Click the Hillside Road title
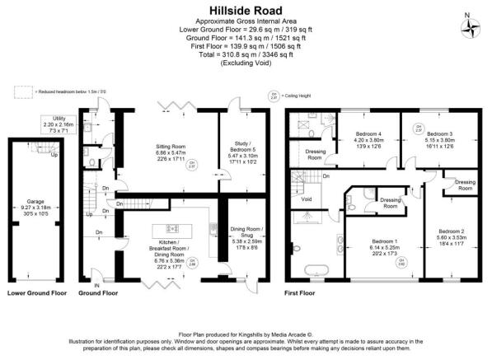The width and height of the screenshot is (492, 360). coord(245,11)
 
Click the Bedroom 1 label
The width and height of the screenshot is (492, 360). coord(372,245)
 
